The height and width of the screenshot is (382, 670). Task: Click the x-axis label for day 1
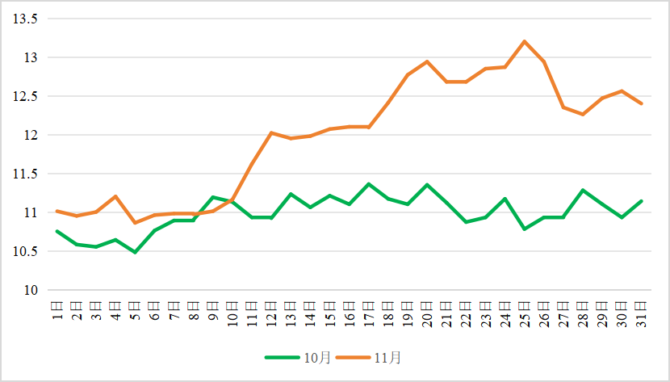[x=57, y=312]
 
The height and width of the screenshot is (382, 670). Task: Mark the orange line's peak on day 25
[x=524, y=41]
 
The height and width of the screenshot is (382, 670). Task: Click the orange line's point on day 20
[x=427, y=61]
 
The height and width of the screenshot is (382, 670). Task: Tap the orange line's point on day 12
[x=271, y=132]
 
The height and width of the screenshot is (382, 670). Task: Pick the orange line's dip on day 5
[x=135, y=223]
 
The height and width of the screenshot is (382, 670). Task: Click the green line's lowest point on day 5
[x=135, y=253]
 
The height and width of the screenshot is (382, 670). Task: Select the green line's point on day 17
[x=368, y=184]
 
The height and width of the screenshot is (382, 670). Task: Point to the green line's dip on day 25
[x=524, y=229]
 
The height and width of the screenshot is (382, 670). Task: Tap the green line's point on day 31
[x=641, y=201]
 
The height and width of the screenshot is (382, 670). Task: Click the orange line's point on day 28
[x=583, y=114]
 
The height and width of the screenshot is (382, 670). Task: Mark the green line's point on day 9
[x=212, y=197]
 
